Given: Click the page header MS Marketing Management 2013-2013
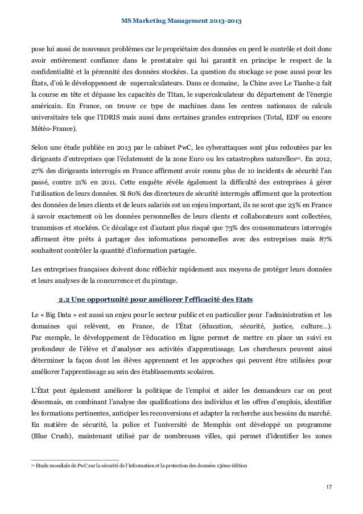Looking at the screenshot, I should coord(181,21).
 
